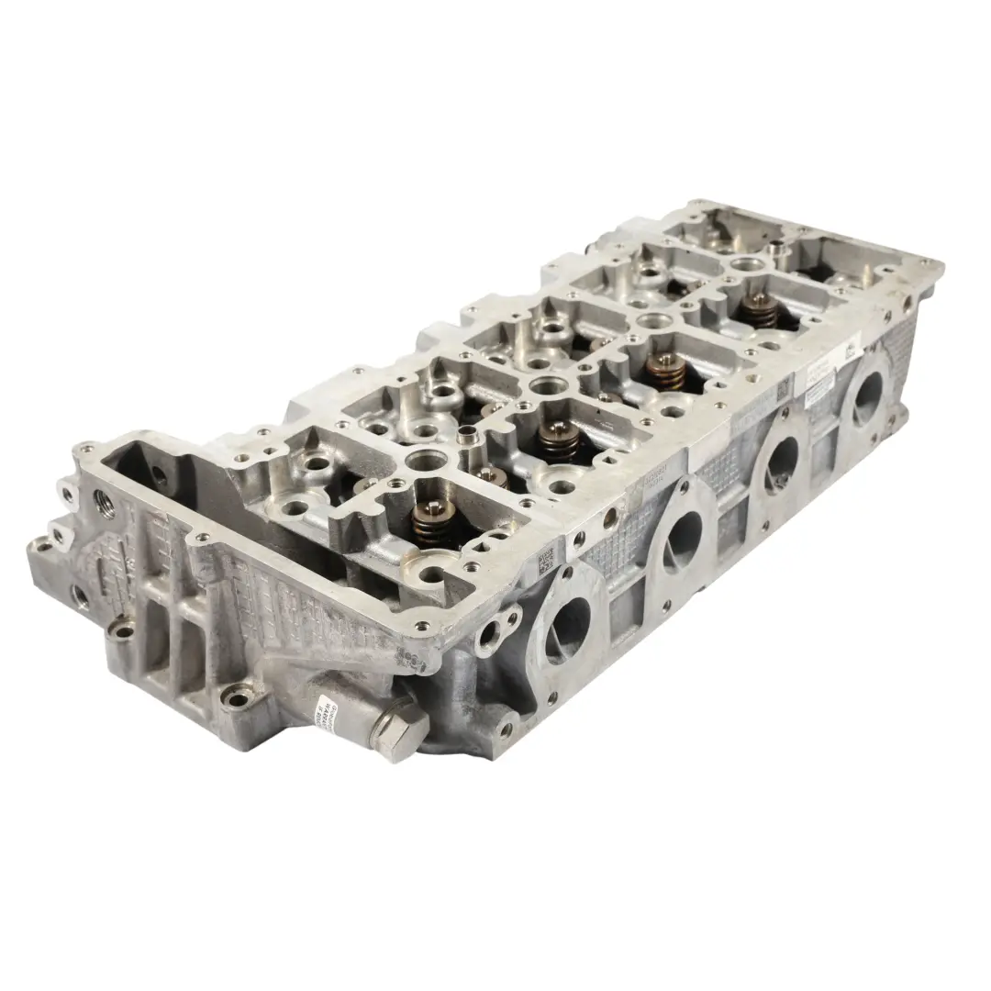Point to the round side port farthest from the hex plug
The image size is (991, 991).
[867, 398]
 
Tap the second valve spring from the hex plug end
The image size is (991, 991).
[559, 440]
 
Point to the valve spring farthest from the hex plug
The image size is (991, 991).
[760, 309]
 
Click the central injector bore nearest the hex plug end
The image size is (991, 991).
[425, 460]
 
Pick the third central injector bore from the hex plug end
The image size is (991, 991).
[652, 320]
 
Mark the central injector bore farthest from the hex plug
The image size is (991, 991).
[745, 265]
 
